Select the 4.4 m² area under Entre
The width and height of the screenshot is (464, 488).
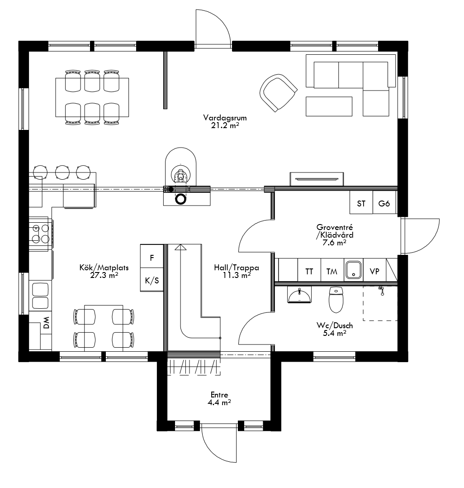coord(219,402)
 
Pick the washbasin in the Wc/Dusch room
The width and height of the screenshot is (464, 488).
coord(299,296)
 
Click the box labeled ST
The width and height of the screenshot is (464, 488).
coord(361,203)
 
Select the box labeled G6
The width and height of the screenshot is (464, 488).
coord(384,203)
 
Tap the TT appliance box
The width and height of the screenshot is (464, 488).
coord(309,272)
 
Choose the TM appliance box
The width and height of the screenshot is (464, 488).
coord(332,272)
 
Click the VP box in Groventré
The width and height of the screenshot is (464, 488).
coord(374,272)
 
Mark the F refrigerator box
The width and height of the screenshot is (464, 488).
coord(152,258)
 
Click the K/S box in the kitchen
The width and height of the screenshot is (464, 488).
coord(152,281)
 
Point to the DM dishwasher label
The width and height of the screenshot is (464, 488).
coord(46,323)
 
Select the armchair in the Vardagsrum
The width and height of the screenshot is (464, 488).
coord(278,92)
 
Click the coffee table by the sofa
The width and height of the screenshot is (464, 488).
coord(329,106)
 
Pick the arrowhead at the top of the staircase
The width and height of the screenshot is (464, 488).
coord(180,247)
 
